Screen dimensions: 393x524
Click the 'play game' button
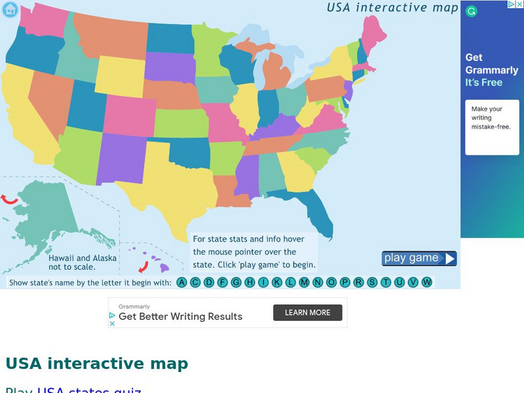[419, 258]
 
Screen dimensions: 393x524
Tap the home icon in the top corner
[10, 9]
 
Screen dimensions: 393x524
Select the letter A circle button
[182, 282]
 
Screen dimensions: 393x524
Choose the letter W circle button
[427, 282]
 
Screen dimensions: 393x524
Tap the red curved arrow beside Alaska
[9, 199]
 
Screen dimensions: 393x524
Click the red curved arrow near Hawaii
[143, 266]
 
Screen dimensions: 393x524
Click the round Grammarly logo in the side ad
[472, 11]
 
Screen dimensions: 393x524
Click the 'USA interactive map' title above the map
[392, 8]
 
